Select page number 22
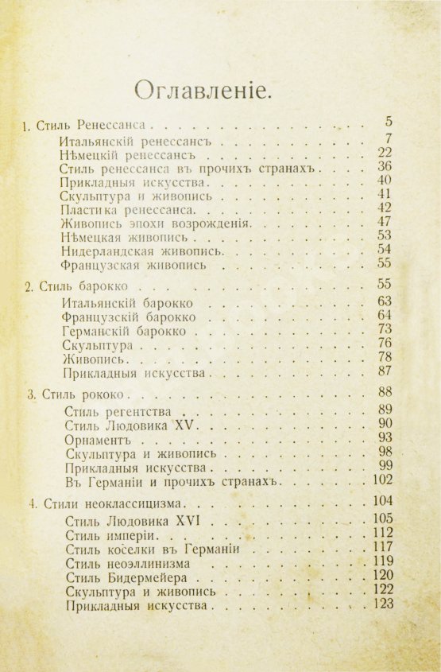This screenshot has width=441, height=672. (385, 153)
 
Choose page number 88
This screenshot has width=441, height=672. (385, 391)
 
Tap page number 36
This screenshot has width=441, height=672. (385, 167)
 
